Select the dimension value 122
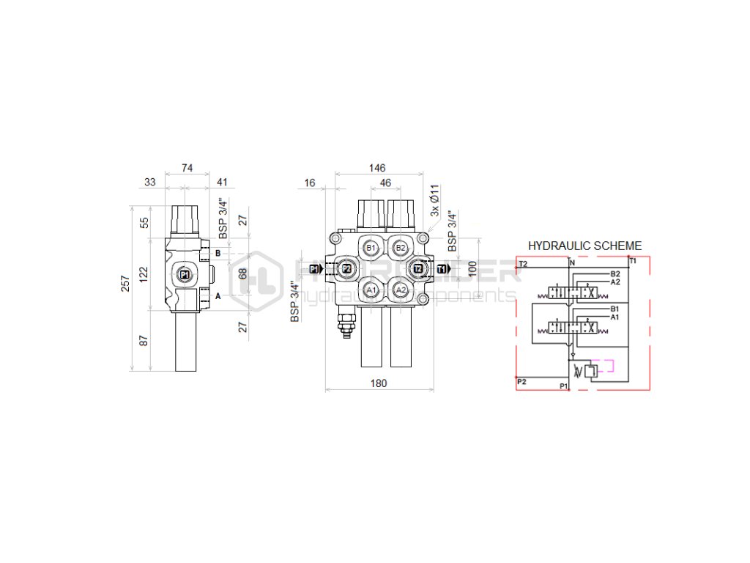144,275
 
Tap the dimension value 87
144,340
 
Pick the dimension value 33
149,183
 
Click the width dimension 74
187,168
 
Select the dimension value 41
223,183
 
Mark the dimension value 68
244,275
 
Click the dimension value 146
378,168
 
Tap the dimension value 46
385,183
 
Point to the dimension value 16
310,183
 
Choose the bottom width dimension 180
378,383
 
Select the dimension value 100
472,269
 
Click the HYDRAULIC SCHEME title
584,246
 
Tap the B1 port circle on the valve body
371,248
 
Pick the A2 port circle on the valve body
400,290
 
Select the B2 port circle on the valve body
400,248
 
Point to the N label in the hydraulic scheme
572,262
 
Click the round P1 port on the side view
184,275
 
